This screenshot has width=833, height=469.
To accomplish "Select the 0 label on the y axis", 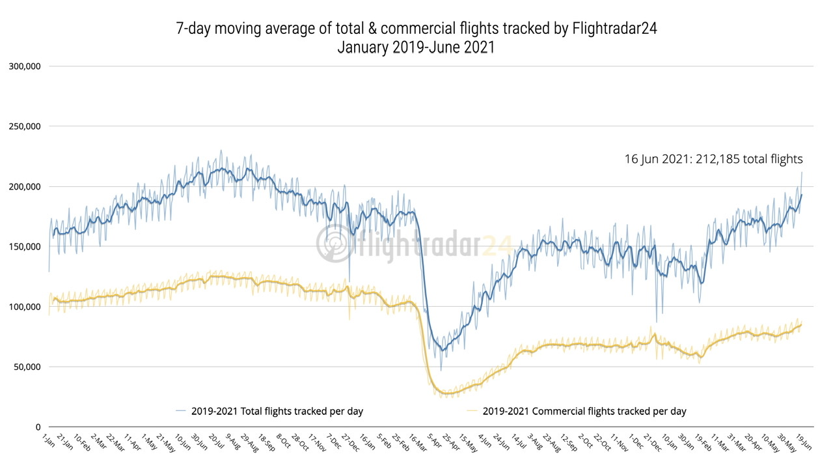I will coord(38,427).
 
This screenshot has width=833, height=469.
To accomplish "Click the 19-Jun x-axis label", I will coord(804,442).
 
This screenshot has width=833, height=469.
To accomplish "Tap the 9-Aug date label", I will coord(232,442).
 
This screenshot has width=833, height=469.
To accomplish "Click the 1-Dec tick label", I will coord(635,442).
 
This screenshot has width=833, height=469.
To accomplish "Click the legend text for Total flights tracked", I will coord(277,411).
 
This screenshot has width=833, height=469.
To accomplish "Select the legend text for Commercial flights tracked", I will coord(584,411).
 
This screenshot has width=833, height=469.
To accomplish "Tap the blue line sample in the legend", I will coord(182,411).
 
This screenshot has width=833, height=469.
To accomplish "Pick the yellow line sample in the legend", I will coord(474,411).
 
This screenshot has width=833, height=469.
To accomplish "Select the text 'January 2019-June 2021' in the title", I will coord(416,48).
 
